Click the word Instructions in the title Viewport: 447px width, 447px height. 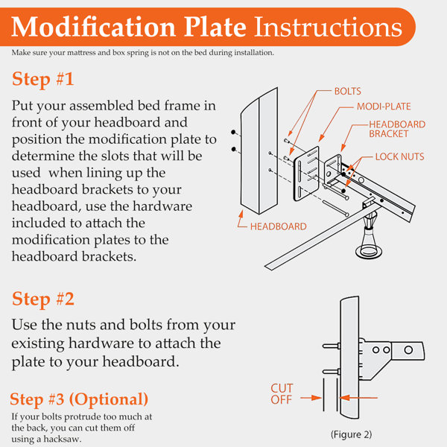328,28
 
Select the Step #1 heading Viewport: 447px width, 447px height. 42,80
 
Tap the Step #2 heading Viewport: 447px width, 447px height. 42,299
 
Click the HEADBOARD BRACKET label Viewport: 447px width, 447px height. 397,129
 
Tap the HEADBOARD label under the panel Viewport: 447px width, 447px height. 278,226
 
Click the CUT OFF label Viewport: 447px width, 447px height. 282,393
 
